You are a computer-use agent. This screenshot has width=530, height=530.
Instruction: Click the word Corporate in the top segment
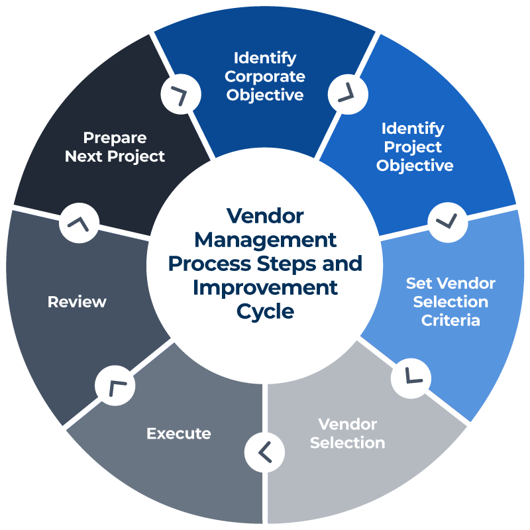265,76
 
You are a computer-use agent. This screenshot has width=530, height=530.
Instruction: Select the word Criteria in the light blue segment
450,321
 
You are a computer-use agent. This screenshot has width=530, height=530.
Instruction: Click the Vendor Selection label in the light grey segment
347,433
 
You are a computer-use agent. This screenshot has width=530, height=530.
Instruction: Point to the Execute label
179,434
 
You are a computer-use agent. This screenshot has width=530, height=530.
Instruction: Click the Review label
77,302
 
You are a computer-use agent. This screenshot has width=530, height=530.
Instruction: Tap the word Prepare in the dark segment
115,138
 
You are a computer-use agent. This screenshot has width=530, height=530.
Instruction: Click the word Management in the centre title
265,239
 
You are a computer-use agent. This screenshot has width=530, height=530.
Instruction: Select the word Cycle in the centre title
265,311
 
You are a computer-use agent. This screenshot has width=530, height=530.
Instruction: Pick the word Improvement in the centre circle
265,288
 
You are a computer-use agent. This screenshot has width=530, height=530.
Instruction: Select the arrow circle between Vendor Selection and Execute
264,452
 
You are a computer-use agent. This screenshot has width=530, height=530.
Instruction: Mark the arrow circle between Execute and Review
115,386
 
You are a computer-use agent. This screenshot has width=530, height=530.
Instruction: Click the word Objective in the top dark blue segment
265,95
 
